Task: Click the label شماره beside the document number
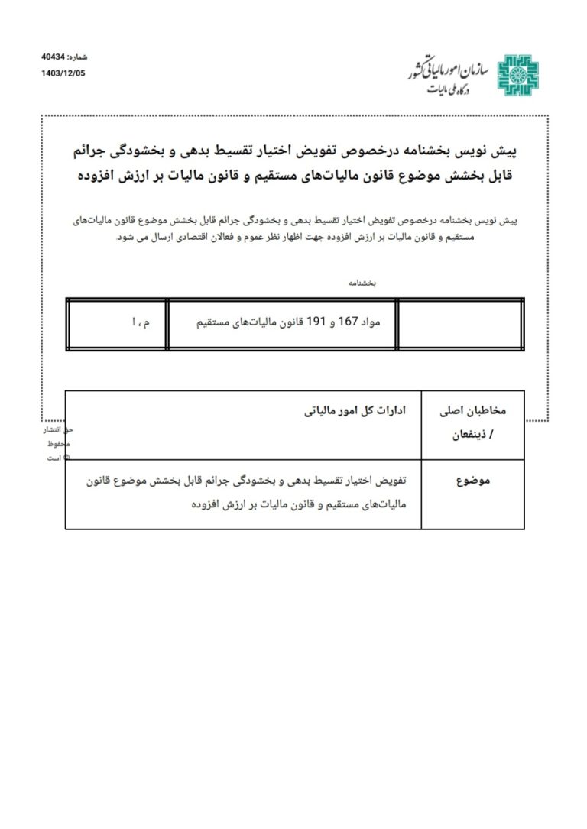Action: [x=78, y=57]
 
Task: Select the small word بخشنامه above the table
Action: [x=362, y=283]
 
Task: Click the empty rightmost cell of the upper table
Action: [x=460, y=324]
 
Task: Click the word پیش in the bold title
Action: [x=508, y=151]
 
